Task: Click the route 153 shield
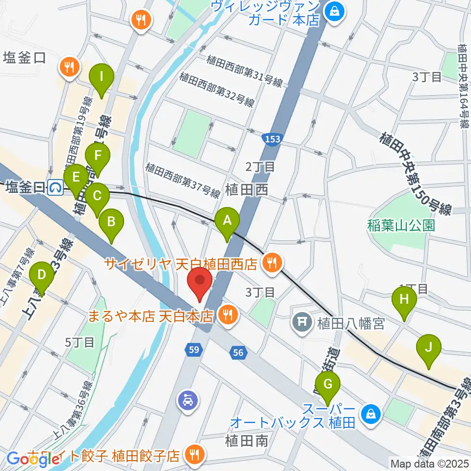(x=271, y=139)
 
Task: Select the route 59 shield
(x=193, y=350)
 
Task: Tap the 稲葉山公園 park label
(x=401, y=225)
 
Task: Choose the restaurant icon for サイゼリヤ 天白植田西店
(x=271, y=264)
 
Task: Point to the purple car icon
(x=188, y=401)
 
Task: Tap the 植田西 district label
(x=247, y=190)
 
